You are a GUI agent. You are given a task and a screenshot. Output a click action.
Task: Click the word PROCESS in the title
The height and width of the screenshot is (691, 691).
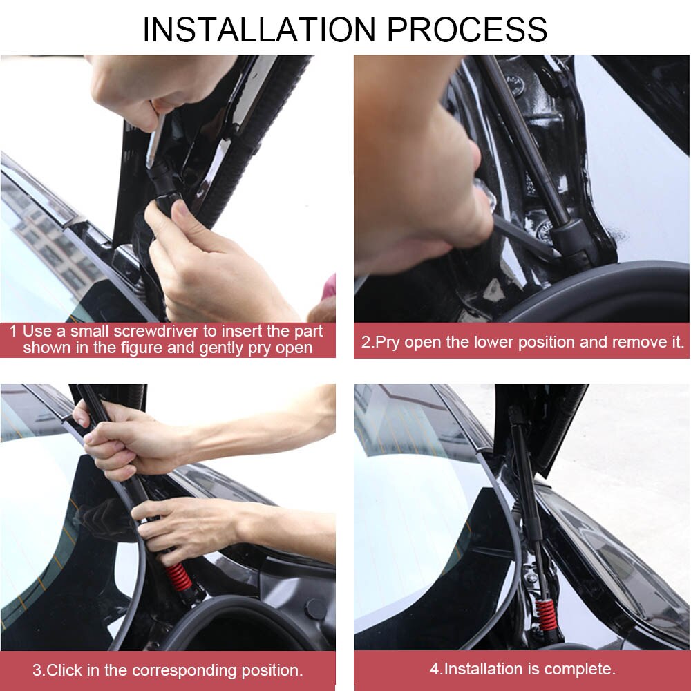pos(467,30)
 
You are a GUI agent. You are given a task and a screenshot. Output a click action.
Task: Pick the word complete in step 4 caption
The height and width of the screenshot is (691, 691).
pos(578,669)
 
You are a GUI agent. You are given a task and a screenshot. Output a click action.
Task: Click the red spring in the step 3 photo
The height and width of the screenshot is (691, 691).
pos(178,577)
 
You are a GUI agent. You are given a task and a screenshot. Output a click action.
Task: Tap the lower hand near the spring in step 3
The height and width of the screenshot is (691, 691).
pos(187,525)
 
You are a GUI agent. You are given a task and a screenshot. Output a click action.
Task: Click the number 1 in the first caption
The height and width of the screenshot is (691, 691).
pos(13,331)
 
